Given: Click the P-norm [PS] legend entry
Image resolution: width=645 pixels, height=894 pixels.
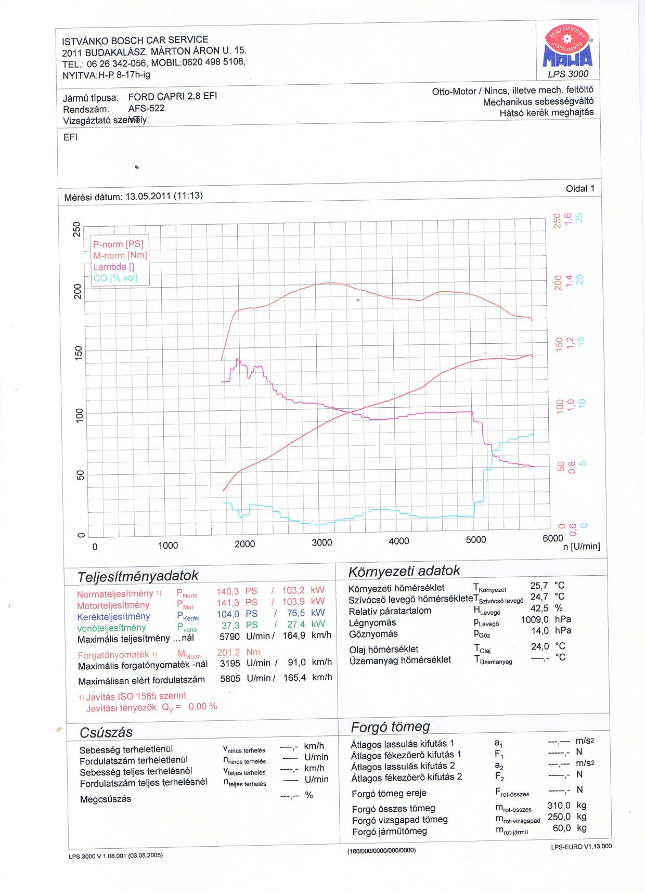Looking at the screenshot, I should [118, 244].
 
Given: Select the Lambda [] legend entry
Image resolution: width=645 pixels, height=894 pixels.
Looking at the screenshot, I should [114, 267].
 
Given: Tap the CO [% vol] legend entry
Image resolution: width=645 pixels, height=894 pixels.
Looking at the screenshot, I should [115, 278].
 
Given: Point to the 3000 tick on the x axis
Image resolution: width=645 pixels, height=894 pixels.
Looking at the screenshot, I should [321, 542].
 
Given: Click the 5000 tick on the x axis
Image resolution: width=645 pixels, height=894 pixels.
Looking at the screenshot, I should [475, 540].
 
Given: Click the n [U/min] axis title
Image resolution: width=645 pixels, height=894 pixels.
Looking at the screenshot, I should [582, 546].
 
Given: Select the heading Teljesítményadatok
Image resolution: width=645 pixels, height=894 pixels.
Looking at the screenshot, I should [138, 576].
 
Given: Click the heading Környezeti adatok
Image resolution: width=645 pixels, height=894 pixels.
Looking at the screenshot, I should [404, 571].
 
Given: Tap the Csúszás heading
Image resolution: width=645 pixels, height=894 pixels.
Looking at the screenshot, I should [106, 732].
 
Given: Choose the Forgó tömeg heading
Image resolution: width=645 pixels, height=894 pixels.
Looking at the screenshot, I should [390, 727].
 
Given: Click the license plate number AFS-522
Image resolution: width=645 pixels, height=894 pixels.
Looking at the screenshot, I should [146, 108].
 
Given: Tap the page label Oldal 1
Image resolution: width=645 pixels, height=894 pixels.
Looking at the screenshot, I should [579, 188].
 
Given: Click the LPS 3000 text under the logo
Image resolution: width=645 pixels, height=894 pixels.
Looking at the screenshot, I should [568, 74].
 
